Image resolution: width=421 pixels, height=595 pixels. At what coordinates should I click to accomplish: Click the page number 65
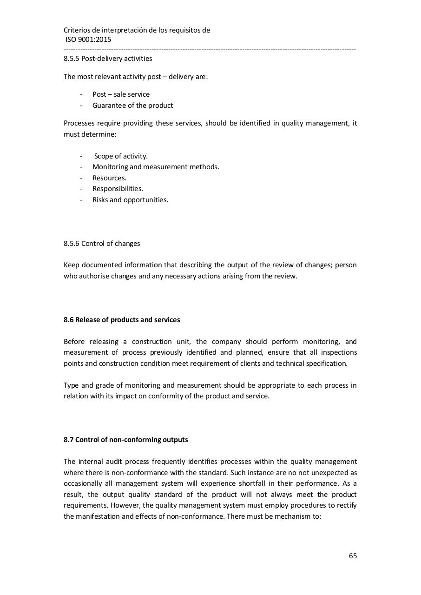pos(353,556)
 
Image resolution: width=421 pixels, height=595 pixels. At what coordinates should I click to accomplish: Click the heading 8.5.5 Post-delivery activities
pos(108,59)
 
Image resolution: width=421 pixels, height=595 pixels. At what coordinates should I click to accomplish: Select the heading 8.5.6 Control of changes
pos(102,244)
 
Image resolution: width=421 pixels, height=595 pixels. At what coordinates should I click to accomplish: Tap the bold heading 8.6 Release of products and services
pos(122,320)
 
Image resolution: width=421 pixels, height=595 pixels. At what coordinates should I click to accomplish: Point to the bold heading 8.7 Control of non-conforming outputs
pos(126,440)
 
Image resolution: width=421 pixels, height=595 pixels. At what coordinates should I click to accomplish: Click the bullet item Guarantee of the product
pos(132,106)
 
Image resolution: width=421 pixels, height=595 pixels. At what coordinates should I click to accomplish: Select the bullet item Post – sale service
pos(121,94)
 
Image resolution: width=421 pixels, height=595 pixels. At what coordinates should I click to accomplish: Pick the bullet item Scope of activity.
pos(121,156)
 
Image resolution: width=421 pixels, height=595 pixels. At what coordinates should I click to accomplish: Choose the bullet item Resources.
pos(109,178)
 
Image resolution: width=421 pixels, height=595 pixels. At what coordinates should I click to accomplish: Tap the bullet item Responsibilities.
pos(118,189)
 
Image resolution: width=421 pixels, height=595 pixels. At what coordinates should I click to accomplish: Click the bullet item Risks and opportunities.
pos(130,200)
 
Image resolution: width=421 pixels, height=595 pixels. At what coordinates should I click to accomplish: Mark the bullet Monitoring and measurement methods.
pos(156,167)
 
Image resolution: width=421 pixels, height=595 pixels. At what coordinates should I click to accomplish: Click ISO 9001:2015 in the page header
pos(88,40)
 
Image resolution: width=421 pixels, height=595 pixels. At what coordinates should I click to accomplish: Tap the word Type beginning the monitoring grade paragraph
pos(71,385)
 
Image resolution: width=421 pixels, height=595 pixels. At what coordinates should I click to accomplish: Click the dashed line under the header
pos(210,49)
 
